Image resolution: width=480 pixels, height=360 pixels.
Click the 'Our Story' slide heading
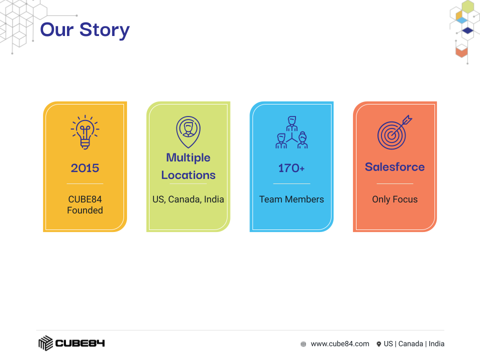85,30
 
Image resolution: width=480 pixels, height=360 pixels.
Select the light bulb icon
85,132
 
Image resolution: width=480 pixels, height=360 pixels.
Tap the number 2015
85,168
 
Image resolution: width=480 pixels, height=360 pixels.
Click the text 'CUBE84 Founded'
85,205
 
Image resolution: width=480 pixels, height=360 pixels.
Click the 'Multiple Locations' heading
188,166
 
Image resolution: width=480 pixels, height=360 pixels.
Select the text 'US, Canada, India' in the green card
188,199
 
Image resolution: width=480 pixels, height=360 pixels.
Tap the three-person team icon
291,132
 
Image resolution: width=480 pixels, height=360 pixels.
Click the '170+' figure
291,168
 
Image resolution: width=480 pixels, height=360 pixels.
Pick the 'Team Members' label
291,199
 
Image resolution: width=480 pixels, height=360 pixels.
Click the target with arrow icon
394,132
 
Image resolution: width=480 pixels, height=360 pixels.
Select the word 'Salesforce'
395,167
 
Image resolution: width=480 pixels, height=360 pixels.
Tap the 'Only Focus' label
395,199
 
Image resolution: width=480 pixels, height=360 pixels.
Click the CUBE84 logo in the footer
71,343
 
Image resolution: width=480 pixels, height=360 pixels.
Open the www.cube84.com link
340,344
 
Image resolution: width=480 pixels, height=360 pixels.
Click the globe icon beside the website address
303,344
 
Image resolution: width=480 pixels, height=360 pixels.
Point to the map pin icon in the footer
378,344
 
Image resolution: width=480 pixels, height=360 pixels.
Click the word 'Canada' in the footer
410,344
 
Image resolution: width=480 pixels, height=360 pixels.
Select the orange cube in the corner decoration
461,51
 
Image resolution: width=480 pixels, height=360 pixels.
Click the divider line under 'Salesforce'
395,183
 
